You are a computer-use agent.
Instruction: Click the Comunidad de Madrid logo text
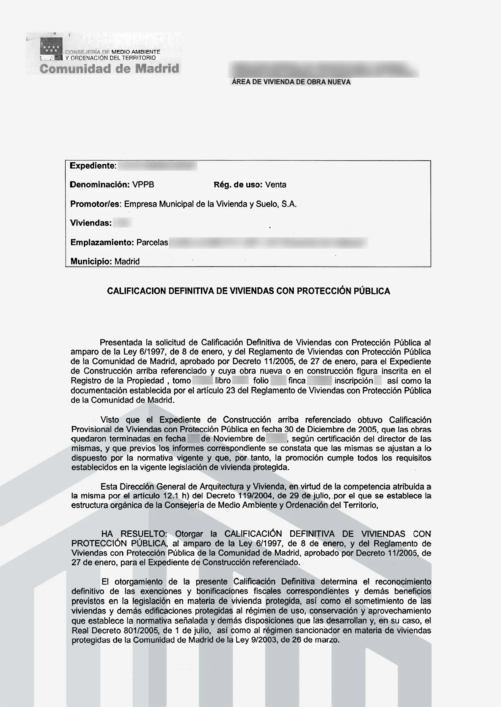pos(109,68)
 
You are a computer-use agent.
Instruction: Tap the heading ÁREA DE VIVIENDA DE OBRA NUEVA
pos(291,82)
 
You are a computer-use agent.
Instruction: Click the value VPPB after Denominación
pos(143,185)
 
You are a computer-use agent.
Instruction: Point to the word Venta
pos(276,185)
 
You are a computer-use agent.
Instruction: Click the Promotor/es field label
pos(96,204)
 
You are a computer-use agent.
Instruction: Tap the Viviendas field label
pos(91,223)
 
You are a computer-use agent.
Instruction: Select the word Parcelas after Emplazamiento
pos(152,243)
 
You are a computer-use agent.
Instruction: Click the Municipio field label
pos(91,261)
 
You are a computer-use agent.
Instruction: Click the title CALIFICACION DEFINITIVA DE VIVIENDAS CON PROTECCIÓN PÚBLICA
pos(248,291)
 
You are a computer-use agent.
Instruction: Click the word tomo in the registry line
pos(181,381)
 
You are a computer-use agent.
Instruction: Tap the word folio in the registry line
pos(261,381)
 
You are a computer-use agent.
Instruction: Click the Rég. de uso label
pos(238,185)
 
